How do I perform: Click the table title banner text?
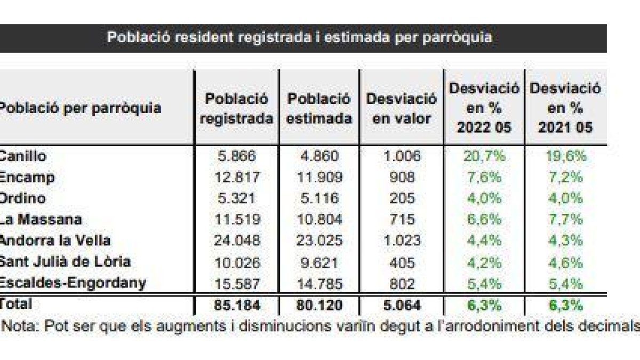pos(299,38)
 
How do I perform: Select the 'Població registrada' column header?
pos(236,108)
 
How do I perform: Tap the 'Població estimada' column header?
pos(319,108)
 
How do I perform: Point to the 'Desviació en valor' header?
pos(401,108)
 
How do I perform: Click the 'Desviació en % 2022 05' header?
pos(484,108)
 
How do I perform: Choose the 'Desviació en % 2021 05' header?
pos(565,108)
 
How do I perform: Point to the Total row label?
pos(16,304)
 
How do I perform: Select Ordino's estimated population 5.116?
pos(319,198)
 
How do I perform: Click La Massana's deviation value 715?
pos(401,219)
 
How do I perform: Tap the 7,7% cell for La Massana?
pos(565,219)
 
